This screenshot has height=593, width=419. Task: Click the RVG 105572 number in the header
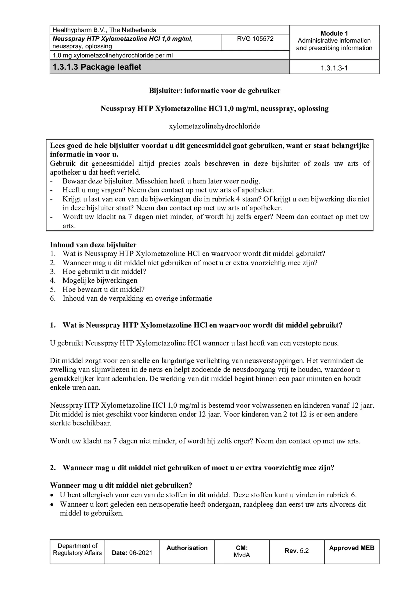(x=255, y=39)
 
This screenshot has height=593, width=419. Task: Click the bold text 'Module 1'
(x=334, y=33)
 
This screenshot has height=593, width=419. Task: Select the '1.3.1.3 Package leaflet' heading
(x=97, y=67)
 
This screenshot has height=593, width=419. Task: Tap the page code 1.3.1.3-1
(x=334, y=68)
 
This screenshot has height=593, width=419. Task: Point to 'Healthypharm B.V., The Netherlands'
(x=104, y=30)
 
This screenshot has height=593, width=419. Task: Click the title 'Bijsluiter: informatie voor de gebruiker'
(x=215, y=91)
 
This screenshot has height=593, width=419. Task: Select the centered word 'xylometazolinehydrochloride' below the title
(x=214, y=126)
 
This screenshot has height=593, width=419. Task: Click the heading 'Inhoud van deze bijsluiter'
(x=93, y=245)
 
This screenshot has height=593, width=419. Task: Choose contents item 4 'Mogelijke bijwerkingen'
(x=100, y=280)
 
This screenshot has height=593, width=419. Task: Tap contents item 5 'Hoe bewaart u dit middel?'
(x=103, y=289)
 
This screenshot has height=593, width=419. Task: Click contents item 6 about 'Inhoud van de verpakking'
(x=137, y=298)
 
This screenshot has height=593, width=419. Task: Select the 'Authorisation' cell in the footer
(x=187, y=548)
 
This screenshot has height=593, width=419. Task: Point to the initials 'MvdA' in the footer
(x=242, y=555)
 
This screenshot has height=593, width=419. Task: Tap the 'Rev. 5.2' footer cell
(x=296, y=551)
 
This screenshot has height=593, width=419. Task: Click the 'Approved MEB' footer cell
(x=351, y=548)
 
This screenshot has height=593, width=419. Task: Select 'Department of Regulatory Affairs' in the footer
(x=77, y=549)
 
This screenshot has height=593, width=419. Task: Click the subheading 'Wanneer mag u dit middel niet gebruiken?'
(x=121, y=485)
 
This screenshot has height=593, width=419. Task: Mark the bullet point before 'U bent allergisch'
(x=52, y=495)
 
